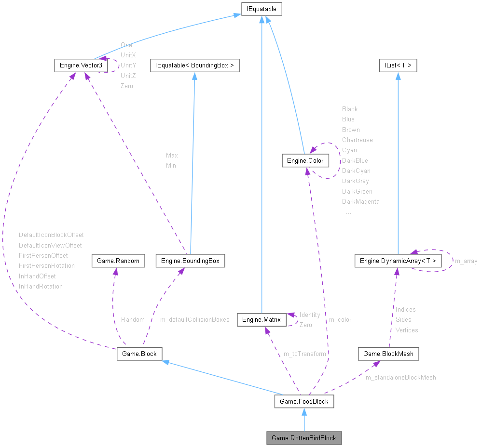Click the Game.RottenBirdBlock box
pos(304,438)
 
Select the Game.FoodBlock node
pos(304,401)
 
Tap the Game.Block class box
pos(139,354)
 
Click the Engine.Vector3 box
pos(81,65)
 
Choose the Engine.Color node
pos(305,160)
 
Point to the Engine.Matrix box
pos(262,319)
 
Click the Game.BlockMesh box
pos(388,354)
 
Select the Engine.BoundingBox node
pos(190,261)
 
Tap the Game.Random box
pos(118,261)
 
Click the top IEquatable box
pos(262,8)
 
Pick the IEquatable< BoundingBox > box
pos(194,65)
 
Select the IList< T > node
pos(397,65)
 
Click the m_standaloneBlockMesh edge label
pos(400,378)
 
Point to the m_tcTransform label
pos(305,354)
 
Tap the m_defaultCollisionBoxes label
pos(194,320)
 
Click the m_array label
pos(466,261)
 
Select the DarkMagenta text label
pos(361,202)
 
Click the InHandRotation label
pos(41,286)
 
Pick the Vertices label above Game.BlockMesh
pos(407,330)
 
